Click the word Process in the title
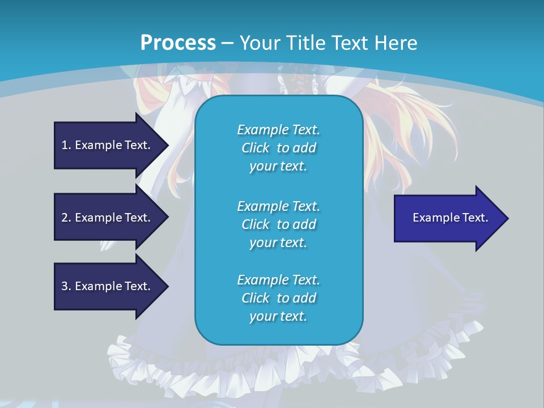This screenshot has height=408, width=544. tap(178, 43)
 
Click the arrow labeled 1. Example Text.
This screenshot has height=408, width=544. tap(106, 145)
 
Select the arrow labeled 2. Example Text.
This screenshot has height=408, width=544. tap(106, 218)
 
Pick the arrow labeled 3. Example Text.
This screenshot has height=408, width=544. tap(106, 286)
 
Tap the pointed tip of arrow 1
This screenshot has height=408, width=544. tap(167, 145)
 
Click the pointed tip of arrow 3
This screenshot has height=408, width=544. tap(167, 286)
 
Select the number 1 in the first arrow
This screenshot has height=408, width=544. tap(65, 145)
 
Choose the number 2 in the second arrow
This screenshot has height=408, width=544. tap(65, 218)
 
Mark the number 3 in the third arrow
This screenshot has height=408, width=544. tap(65, 286)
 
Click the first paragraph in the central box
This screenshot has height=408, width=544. tap(278, 148)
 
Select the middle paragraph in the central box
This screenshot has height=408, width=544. tap(278, 224)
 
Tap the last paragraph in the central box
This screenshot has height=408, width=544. tap(278, 298)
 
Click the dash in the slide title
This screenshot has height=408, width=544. tap(227, 43)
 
